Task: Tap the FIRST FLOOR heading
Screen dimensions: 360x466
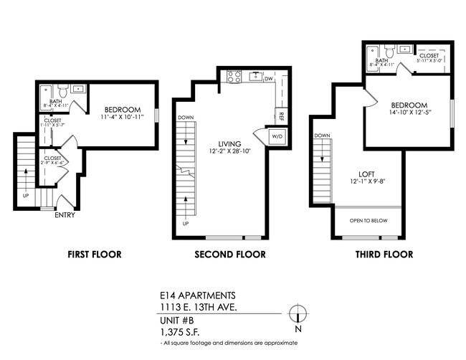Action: click(94, 255)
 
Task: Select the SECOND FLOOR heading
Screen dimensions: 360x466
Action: click(229, 255)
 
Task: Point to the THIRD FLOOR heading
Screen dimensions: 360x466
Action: click(384, 255)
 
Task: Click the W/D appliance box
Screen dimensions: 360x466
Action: click(276, 136)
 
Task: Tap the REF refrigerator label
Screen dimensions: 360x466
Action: click(281, 115)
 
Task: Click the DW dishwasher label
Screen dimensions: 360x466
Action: click(268, 80)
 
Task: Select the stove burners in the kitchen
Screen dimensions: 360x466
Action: click(233, 75)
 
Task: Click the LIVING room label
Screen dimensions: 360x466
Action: click(231, 143)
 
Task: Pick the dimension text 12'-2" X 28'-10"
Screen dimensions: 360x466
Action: click(231, 151)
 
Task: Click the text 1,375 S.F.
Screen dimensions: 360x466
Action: click(181, 332)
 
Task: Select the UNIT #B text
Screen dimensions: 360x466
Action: click(178, 320)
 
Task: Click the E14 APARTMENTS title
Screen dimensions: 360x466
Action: click(196, 295)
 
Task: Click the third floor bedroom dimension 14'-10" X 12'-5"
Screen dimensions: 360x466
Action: click(408, 113)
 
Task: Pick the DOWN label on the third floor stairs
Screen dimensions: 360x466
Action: click(322, 136)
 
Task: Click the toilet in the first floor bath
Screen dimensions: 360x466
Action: click(62, 91)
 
